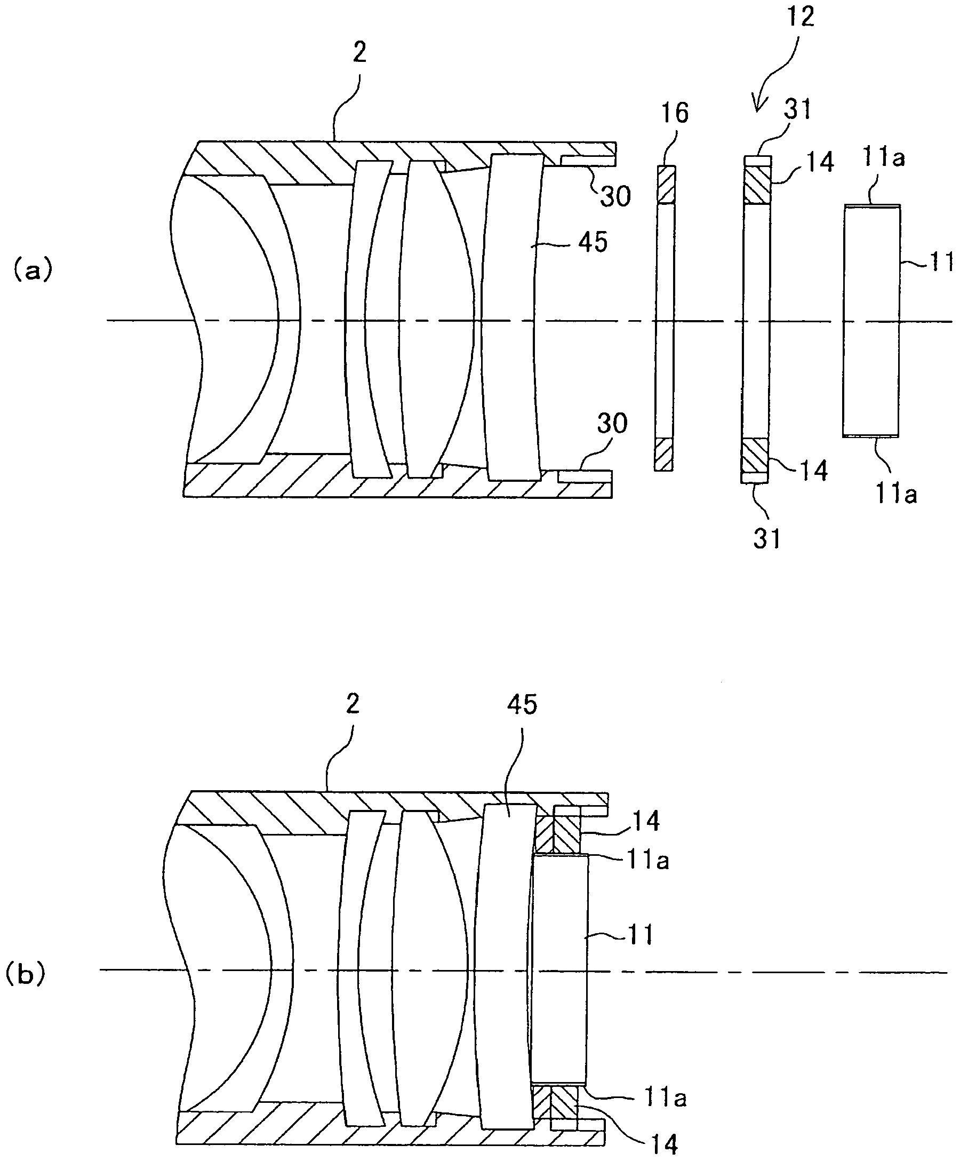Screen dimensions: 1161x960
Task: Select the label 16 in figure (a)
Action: (674, 113)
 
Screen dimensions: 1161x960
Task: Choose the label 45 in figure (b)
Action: (521, 705)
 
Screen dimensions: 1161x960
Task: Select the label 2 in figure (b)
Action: (352, 704)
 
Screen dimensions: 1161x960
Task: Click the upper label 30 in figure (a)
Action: (615, 196)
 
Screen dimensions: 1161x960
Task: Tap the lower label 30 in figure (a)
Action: (612, 424)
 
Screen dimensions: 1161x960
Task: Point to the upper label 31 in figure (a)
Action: (796, 110)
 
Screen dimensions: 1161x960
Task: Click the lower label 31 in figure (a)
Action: (766, 538)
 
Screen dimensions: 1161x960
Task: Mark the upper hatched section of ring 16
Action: (665, 185)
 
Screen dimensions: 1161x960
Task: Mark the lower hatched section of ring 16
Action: (664, 455)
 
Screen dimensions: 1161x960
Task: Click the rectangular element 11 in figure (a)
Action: (871, 321)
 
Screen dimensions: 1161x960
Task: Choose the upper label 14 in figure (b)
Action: (645, 821)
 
